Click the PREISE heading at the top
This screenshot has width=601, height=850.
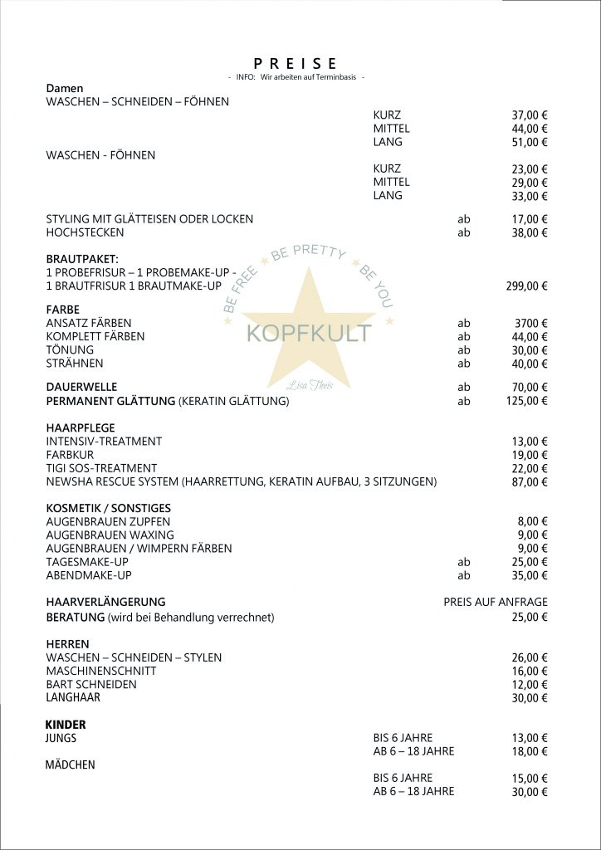point(296,63)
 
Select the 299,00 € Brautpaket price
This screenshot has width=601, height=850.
point(526,286)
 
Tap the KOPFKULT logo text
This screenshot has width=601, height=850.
point(309,334)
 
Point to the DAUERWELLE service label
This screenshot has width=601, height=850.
point(81,387)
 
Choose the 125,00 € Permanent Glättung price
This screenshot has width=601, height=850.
point(526,401)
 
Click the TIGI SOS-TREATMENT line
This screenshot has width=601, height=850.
point(101,468)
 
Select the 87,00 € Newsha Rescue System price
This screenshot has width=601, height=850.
point(530,482)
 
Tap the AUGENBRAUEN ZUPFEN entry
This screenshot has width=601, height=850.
point(109,521)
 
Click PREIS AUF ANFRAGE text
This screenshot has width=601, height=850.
point(496,602)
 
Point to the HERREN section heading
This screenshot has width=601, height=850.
point(67,644)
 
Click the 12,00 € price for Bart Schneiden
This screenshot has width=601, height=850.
point(530,685)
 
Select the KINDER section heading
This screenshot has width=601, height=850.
point(66,725)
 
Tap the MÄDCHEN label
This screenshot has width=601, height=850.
point(70,765)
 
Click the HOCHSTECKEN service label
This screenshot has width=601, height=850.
point(85,232)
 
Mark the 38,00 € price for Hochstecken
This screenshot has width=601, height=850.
point(530,233)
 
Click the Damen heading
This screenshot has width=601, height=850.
point(65,88)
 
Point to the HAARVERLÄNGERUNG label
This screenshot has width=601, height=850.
point(105,602)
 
